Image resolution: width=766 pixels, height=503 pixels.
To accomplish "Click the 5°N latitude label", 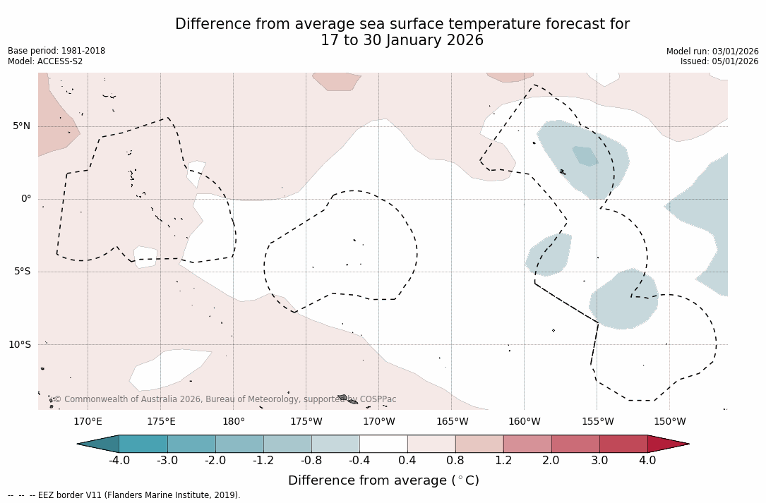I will pos(21,126).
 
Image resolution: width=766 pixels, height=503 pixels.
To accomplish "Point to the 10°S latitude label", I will pos(19,345).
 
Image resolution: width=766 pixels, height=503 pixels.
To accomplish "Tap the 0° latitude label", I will pos(26,199).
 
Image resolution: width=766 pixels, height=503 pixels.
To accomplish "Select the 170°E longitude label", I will pos(88,422).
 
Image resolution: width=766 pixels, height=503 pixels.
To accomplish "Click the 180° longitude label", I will pos(234,422).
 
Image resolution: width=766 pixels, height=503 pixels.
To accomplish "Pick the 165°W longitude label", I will pos(452,422).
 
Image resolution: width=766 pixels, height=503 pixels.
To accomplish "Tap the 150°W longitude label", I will pos(670,422).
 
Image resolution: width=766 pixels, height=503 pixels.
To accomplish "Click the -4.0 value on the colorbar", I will pos(119,461).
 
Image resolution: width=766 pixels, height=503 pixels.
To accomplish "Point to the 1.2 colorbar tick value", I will pos(503,461).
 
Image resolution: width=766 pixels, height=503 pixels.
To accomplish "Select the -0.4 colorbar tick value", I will pos(359,461).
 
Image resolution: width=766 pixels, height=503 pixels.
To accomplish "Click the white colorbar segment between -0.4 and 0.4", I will pos(383,444).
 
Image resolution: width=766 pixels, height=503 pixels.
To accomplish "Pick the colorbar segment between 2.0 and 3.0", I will pos(575,444).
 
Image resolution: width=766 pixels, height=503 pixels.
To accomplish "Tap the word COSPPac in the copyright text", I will pos(378,399).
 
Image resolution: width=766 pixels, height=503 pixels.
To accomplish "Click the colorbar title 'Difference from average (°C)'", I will pos(383,480).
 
